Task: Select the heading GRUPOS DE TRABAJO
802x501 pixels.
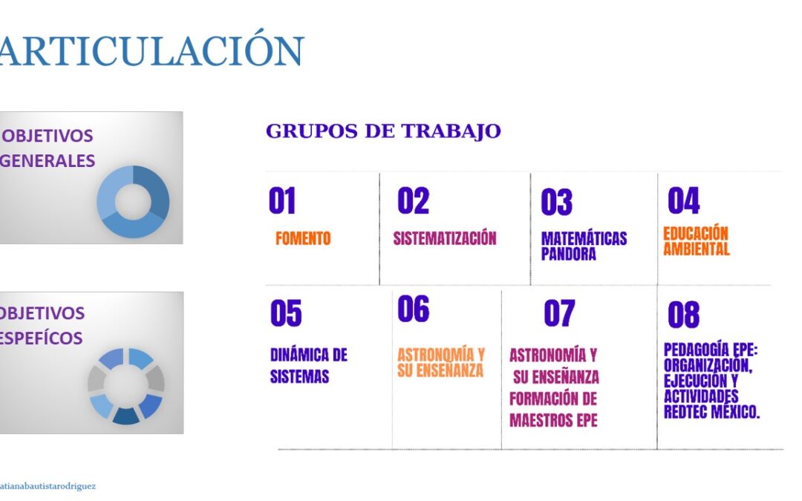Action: [x=383, y=131]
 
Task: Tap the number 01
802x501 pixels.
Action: [x=282, y=200]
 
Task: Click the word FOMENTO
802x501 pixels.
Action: [x=303, y=238]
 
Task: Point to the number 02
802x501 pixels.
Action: [x=414, y=200]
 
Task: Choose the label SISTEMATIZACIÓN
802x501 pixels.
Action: [x=445, y=238]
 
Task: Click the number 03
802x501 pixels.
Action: [x=556, y=202]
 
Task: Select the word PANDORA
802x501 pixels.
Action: [x=569, y=254]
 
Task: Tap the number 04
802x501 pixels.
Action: [x=683, y=200]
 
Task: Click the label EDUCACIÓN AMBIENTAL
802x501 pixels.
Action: [x=696, y=240]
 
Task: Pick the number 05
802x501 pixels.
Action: [x=286, y=313]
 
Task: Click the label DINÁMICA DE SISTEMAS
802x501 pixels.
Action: [x=308, y=365]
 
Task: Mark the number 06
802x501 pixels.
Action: [x=414, y=309]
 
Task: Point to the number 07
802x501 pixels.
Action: [x=559, y=313]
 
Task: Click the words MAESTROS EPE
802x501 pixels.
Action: [x=553, y=421]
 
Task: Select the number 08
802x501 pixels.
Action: [x=683, y=314]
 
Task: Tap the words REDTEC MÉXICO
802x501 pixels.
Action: [x=711, y=411]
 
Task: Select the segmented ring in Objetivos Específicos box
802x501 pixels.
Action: [x=100, y=379]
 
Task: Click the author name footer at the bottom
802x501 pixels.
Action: [x=48, y=486]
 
